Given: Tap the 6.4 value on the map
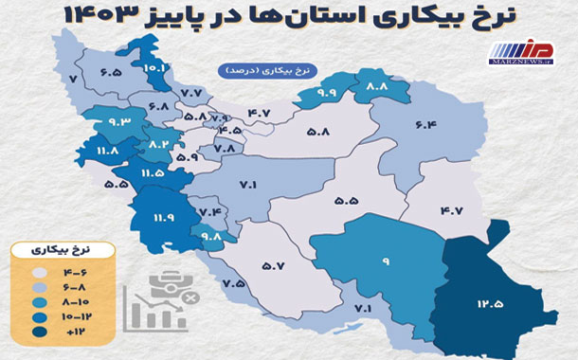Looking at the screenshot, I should click(x=424, y=124).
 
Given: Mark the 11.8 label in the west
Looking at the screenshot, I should click(x=107, y=149).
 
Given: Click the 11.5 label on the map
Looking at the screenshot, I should click(x=153, y=172).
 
